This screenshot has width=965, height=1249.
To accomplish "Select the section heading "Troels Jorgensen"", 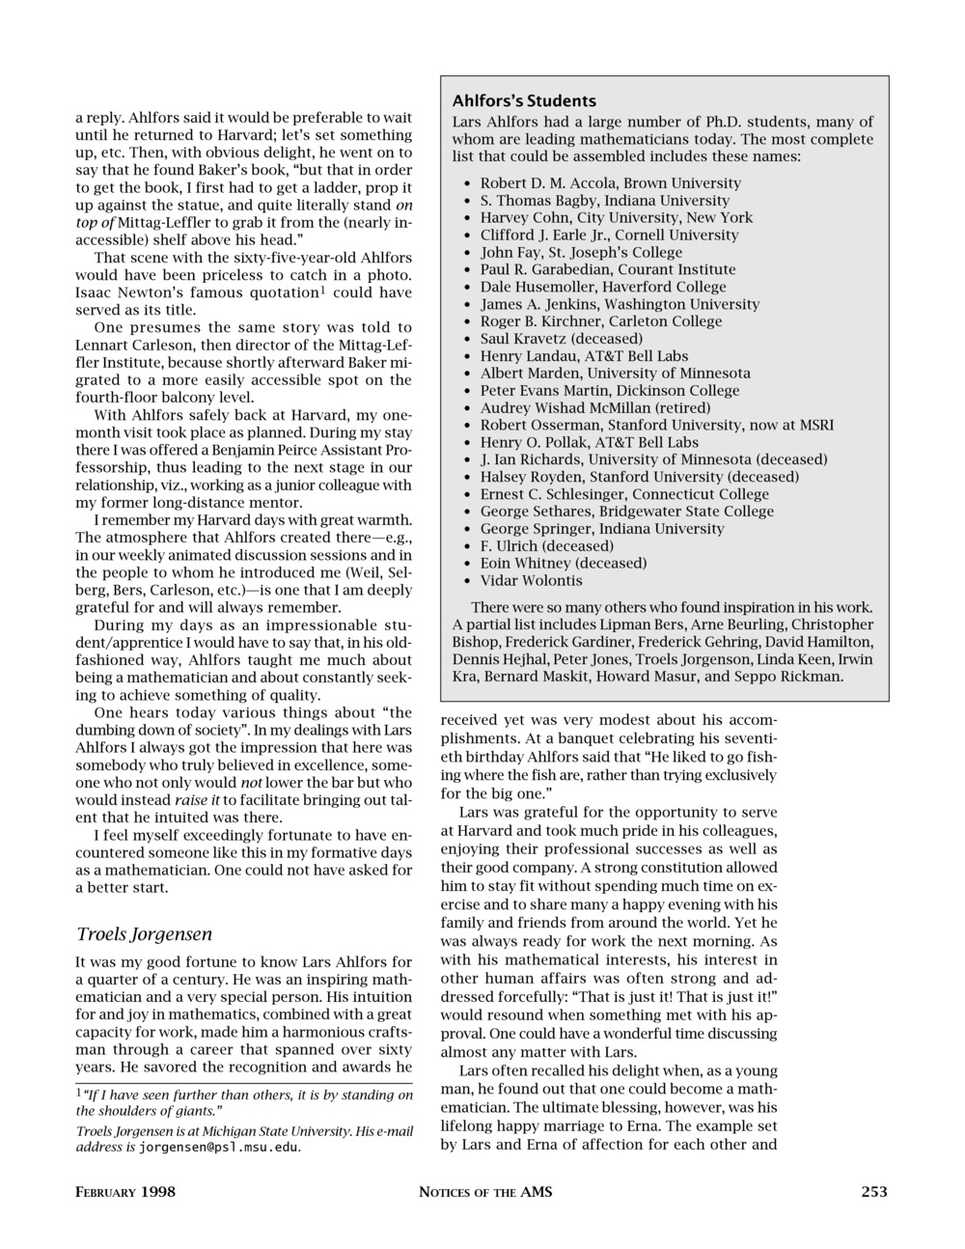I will coord(144,933).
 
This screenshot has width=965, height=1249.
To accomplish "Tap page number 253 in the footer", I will coord(873,1191).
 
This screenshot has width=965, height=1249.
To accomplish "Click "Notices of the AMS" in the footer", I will coord(485,1191).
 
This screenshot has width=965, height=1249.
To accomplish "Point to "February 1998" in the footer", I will coord(125,1191).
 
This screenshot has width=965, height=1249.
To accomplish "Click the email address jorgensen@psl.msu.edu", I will coord(219,1148).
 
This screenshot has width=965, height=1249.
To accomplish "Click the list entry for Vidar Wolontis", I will coord(531,580).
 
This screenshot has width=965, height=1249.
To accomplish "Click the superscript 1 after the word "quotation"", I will coord(322,289).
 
